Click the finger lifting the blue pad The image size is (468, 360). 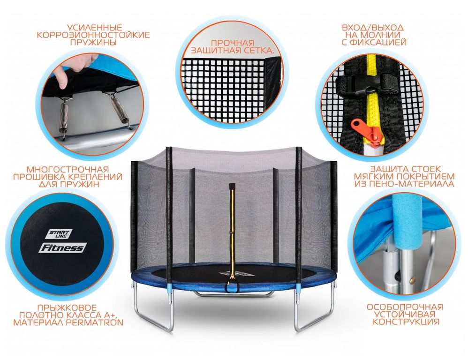click(63, 77)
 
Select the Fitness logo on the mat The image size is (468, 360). click(63, 247)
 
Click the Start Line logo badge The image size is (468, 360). click(59, 234)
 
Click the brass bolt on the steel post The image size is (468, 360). click(412, 280)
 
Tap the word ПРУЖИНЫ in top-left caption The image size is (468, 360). click(93, 42)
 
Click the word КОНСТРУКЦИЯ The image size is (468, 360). click(406, 322)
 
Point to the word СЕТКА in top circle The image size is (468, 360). click(257, 50)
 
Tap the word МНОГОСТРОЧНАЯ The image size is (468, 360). click(68, 170)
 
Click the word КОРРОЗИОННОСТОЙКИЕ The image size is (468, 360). click(93, 35)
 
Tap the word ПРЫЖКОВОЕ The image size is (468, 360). click(67, 307)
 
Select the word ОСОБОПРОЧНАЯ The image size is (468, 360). click(405, 307)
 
